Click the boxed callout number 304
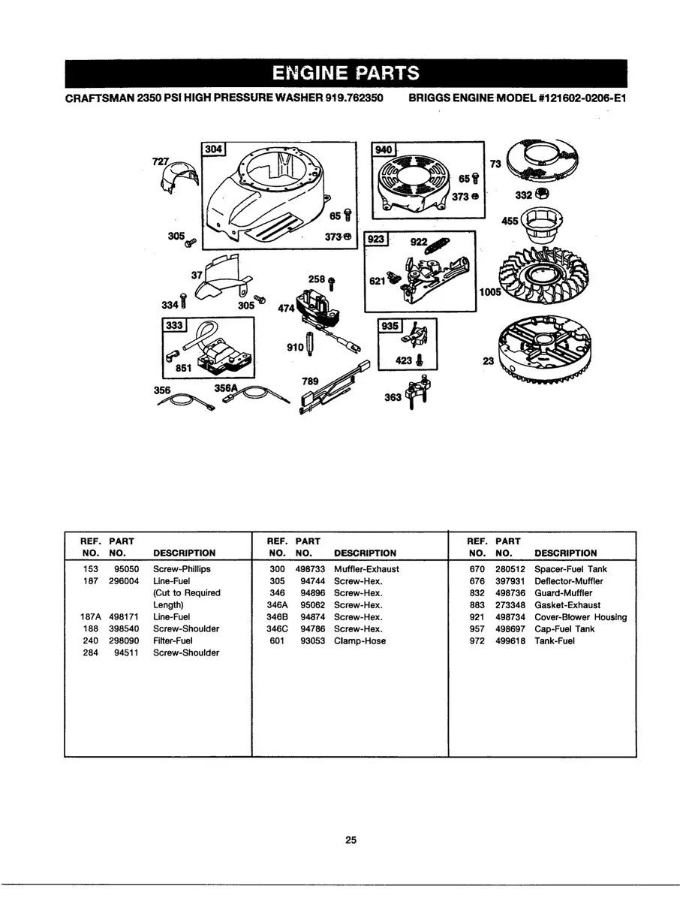pyautogui.click(x=213, y=149)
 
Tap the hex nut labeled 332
pyautogui.click(x=542, y=194)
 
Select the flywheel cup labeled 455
pyautogui.click(x=541, y=225)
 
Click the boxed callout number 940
pyautogui.click(x=384, y=149)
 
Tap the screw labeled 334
pyautogui.click(x=184, y=301)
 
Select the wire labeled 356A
pyautogui.click(x=256, y=396)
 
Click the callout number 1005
pyautogui.click(x=490, y=292)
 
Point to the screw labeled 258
pyautogui.click(x=331, y=284)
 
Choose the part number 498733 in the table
pyautogui.click(x=310, y=569)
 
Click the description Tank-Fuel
pyautogui.click(x=554, y=641)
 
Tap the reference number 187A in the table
pyautogui.click(x=90, y=617)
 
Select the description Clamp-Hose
pyautogui.click(x=360, y=641)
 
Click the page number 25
pyautogui.click(x=351, y=839)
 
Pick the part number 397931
pyautogui.click(x=510, y=581)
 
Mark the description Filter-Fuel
pyautogui.click(x=173, y=641)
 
